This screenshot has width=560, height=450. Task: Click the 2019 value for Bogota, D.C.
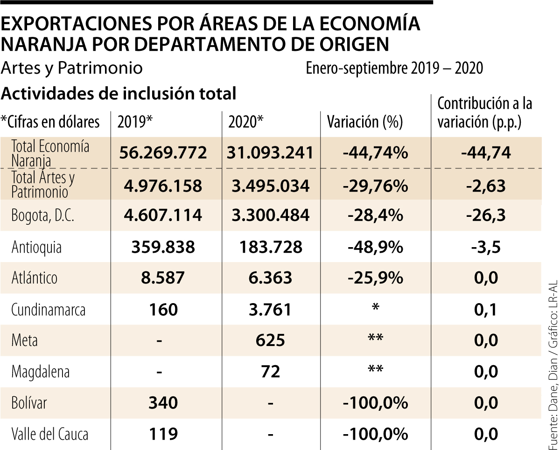click(x=163, y=215)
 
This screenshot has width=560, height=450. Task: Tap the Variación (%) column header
click(x=364, y=122)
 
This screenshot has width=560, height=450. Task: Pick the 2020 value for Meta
click(x=270, y=340)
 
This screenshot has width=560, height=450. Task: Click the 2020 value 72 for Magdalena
click(x=270, y=372)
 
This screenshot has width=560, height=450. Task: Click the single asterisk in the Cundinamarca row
click(x=375, y=309)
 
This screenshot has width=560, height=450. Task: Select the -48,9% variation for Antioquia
click(x=375, y=247)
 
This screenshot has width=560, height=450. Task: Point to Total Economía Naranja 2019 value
click(x=163, y=152)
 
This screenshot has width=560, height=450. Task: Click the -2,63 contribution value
click(x=485, y=186)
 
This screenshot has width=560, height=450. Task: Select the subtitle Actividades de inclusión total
click(x=119, y=93)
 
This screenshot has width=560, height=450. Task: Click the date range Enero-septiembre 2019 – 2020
click(x=394, y=69)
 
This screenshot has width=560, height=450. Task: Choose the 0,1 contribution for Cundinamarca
click(x=485, y=310)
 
